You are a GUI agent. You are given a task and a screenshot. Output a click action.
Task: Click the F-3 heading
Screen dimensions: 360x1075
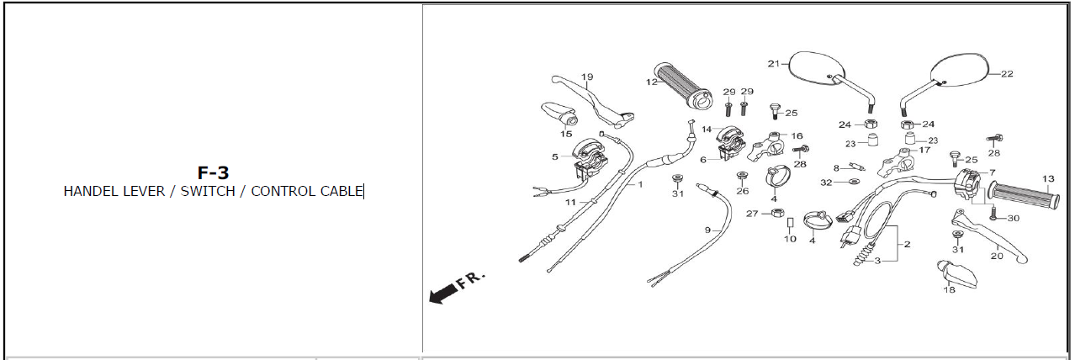point(213,172)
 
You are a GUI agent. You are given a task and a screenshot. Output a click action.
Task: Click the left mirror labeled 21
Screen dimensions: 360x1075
point(812,67)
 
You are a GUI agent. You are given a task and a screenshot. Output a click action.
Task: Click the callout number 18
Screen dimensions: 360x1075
point(949,290)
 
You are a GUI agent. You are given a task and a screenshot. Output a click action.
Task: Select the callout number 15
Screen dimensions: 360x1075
point(566,134)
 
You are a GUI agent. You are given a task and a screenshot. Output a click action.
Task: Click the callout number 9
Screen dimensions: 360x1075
point(707,230)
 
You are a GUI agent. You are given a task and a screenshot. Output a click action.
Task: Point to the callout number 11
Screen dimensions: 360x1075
point(570,203)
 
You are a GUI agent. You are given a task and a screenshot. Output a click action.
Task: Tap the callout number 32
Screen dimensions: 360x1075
point(826,182)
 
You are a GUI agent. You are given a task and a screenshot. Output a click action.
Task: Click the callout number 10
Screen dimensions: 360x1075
point(790,239)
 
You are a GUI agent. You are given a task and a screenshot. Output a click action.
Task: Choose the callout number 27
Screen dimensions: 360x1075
point(752,214)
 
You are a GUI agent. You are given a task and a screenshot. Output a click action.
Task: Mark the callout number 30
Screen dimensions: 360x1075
point(1013,218)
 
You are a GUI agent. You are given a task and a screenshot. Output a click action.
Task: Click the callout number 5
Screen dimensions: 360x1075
point(555,156)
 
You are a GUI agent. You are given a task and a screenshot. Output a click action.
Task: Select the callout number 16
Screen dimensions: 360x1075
point(797,135)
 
